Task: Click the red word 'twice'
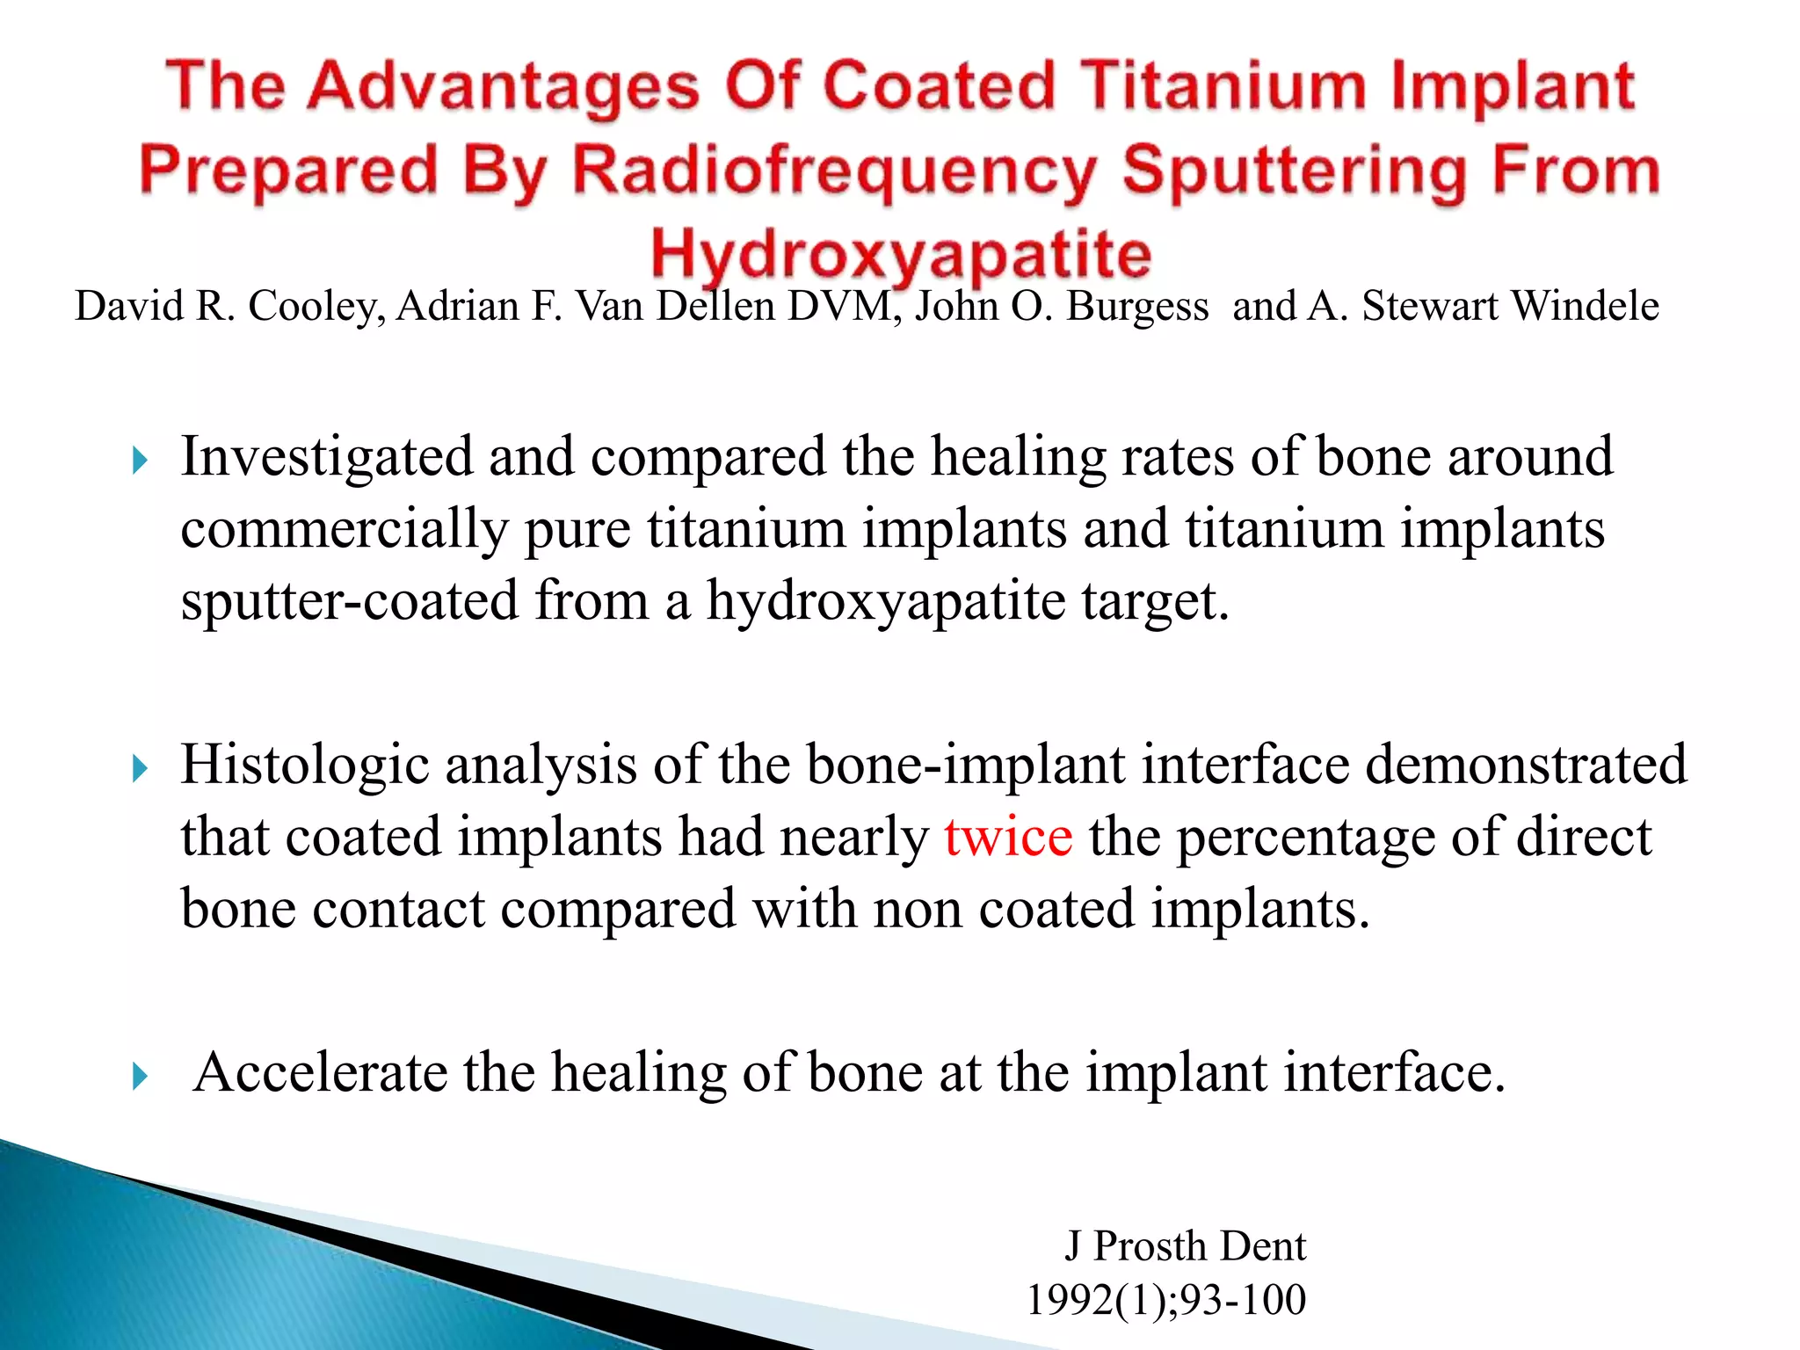tap(1008, 837)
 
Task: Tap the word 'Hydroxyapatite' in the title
tap(901, 254)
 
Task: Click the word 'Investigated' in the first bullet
tap(327, 457)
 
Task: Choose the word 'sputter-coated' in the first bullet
tap(350, 601)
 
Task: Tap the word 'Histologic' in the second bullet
tap(305, 765)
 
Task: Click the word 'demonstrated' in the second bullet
tap(1526, 765)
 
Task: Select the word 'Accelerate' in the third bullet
tap(320, 1072)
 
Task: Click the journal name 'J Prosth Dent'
tap(1186, 1246)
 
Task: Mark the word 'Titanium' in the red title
tap(1223, 87)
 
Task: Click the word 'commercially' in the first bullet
tap(345, 529)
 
